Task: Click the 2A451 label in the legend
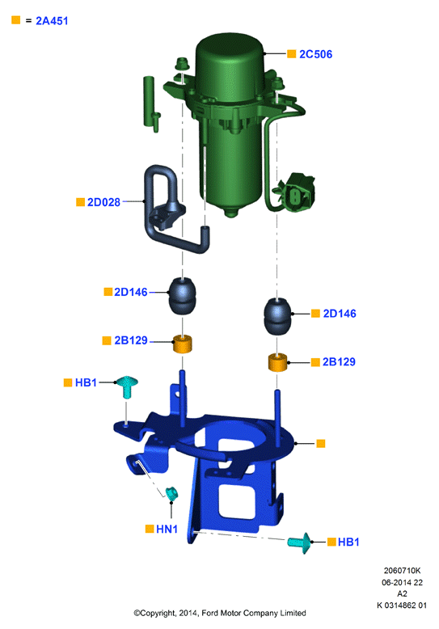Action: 52,21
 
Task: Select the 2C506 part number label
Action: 315,54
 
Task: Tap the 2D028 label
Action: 103,202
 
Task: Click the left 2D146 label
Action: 131,292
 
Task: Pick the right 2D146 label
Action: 340,314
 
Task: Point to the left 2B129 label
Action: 131,340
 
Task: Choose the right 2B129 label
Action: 339,362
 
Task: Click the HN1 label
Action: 167,529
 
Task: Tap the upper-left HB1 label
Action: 86,382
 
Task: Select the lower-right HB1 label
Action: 348,542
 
